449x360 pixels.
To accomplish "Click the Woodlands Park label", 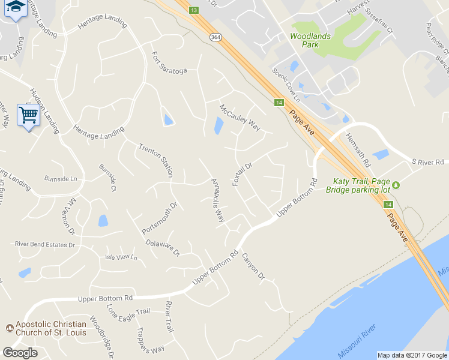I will pos(310,40).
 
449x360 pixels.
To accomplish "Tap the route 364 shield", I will pos(215,37).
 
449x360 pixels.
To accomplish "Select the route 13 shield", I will pos(193,10).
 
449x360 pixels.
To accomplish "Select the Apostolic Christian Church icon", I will pos(9,328).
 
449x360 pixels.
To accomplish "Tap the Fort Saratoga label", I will pos(169,63).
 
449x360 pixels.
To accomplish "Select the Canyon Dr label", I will pos(253,266).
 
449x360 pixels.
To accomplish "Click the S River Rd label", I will pos(427,162).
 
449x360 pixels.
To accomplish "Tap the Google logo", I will pos(20,353).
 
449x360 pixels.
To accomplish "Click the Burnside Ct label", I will pos(107,178).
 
